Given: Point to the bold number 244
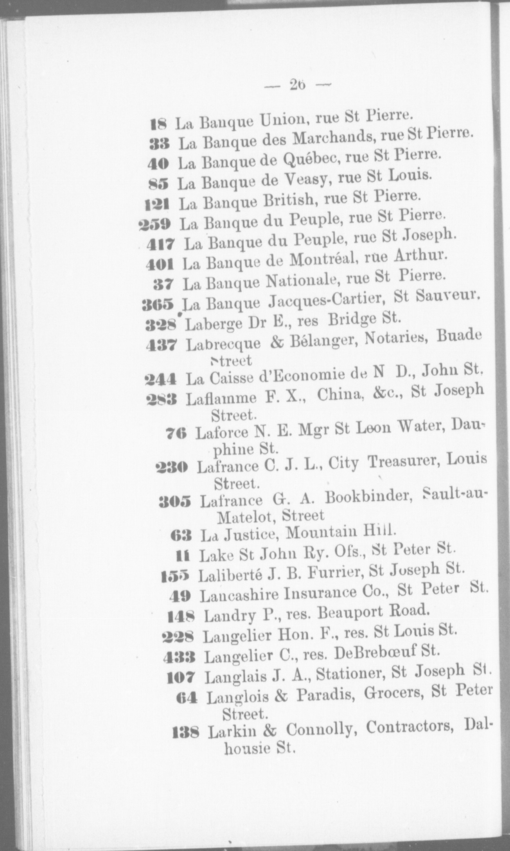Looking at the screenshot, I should click(161, 379).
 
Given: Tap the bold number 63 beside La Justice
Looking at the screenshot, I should click(181, 535).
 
